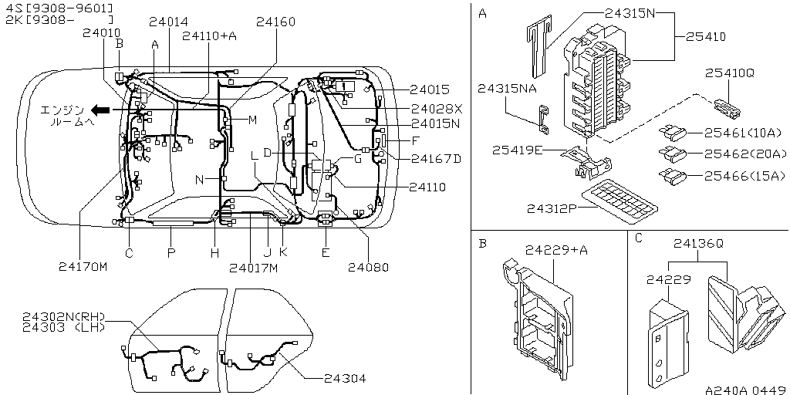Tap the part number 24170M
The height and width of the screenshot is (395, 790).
pos(83,267)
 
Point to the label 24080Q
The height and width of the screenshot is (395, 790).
pos(368,267)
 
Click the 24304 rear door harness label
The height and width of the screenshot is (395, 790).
pos(344,378)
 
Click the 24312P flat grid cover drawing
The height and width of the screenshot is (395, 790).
pos(621,197)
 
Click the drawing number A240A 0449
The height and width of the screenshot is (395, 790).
pos(744,390)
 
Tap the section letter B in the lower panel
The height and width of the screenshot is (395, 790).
pos(482,243)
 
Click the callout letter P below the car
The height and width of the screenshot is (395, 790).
pos(171,253)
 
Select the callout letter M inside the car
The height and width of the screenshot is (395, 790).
pos(252,120)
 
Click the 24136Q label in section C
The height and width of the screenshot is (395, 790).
pos(698,243)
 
